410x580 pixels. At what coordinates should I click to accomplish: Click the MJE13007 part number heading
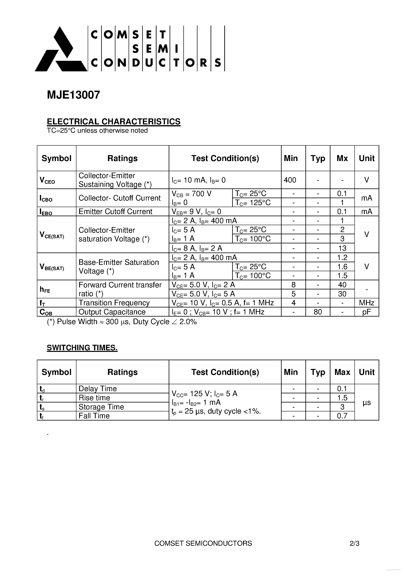coord(74,95)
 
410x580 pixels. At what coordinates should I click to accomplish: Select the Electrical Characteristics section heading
coord(114,122)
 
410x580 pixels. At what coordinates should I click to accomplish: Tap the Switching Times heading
coord(82,348)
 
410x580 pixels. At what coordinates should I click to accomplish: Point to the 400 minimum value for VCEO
coord(290,180)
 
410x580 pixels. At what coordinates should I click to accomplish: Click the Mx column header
coord(342,158)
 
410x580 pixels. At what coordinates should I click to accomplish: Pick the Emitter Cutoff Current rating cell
coord(115,211)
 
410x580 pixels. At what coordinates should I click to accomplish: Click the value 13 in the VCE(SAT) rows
coord(342,248)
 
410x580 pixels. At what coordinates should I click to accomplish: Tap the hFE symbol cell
coord(45,289)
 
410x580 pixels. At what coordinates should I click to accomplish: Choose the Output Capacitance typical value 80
coord(318,312)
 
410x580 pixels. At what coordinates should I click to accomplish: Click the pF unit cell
coord(367,312)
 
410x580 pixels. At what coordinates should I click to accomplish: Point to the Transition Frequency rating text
coord(114,303)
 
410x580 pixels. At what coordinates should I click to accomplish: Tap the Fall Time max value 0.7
coord(342,416)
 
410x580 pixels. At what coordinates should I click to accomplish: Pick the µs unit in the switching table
coord(367,402)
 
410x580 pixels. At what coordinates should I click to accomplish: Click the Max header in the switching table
coord(342,372)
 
